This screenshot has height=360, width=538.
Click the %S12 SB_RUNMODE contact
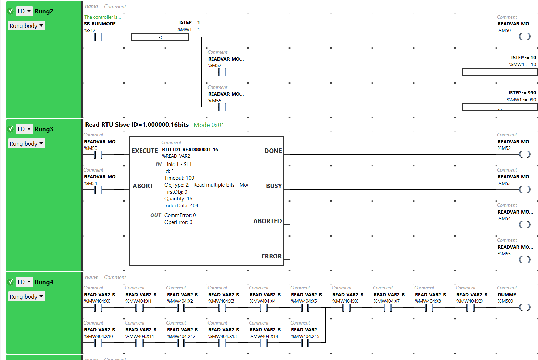click(x=98, y=37)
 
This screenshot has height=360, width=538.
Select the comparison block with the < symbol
click(x=160, y=37)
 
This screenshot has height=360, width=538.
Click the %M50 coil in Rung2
click(x=525, y=37)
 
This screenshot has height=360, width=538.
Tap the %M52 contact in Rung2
click(x=222, y=72)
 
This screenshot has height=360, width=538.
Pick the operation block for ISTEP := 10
click(x=500, y=72)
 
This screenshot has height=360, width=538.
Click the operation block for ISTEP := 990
click(x=500, y=107)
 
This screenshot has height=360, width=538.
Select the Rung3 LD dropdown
click(x=24, y=129)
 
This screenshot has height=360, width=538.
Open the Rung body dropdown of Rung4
click(x=27, y=296)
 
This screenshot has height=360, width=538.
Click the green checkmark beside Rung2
click(x=10, y=11)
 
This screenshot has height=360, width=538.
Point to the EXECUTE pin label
click(x=145, y=151)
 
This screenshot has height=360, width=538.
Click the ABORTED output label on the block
click(x=267, y=221)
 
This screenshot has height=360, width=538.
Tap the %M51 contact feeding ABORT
click(x=98, y=189)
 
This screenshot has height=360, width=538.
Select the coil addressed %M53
click(x=525, y=189)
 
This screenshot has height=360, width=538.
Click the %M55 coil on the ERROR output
click(x=525, y=260)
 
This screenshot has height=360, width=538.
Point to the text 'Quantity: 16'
click(x=178, y=199)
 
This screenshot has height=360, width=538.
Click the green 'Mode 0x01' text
click(x=209, y=125)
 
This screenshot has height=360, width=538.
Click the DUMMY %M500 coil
click(x=525, y=307)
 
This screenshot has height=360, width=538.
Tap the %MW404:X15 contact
click(x=305, y=342)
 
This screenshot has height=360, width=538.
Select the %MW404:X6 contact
click(x=346, y=307)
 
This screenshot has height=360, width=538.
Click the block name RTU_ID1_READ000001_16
click(x=190, y=150)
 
